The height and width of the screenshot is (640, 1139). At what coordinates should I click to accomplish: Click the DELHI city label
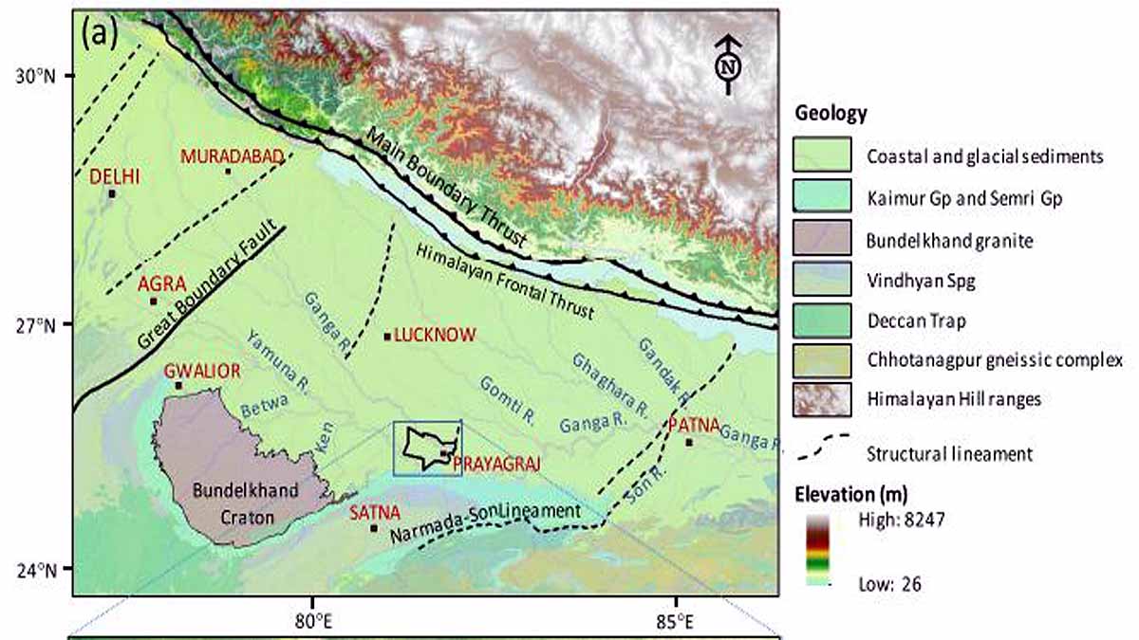click(114, 176)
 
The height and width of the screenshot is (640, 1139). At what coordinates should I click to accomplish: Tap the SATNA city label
click(368, 513)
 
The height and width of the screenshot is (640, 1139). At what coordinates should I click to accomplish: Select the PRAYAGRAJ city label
click(495, 464)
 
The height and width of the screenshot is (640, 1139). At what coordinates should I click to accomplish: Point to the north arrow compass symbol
click(728, 64)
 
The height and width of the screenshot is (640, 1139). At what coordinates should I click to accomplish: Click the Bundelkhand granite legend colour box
click(821, 240)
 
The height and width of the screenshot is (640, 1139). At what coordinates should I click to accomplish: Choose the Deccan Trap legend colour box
click(821, 320)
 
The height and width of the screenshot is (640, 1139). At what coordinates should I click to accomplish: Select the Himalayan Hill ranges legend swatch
click(821, 399)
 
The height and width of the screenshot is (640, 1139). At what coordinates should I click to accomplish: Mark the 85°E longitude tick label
click(675, 622)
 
